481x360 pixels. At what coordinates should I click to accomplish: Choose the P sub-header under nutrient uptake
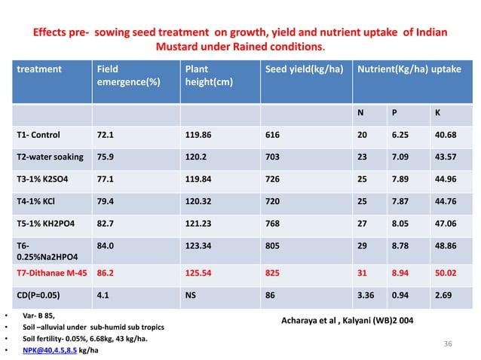(x=394, y=114)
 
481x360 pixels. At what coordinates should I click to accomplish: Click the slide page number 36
(x=448, y=343)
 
